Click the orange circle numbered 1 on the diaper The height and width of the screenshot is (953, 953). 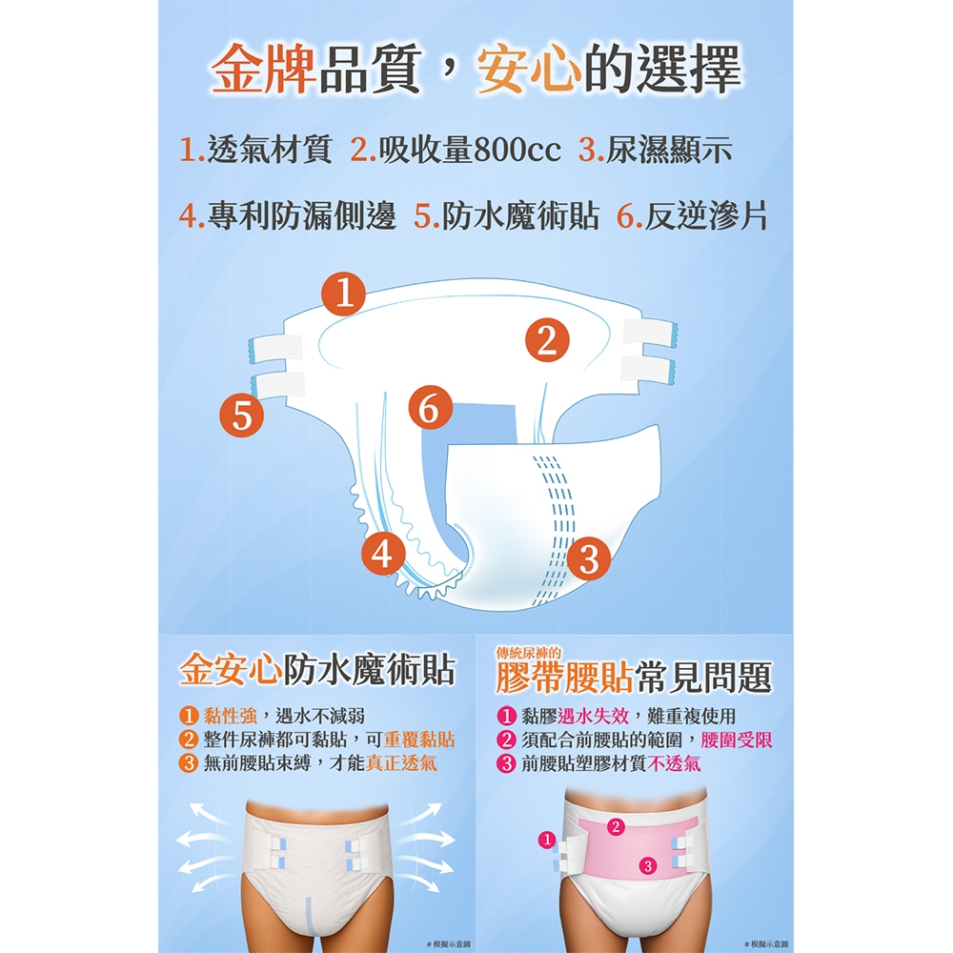click(x=343, y=294)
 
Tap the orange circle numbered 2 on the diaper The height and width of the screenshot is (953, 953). click(x=547, y=340)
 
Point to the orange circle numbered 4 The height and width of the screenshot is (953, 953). click(x=382, y=554)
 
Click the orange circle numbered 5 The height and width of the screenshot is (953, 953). click(x=242, y=416)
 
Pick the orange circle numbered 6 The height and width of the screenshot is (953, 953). click(x=431, y=407)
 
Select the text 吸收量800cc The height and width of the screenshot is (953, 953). click(x=470, y=150)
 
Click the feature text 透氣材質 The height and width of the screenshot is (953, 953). click(x=270, y=150)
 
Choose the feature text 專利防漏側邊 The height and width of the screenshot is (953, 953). click(x=302, y=215)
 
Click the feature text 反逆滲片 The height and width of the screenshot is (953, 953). click(x=706, y=215)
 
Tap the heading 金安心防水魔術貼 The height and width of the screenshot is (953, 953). click(x=316, y=670)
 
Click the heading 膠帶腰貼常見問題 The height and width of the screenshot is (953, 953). click(x=634, y=678)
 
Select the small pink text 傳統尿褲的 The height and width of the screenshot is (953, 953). click(x=528, y=654)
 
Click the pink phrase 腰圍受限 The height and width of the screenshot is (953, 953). click(x=736, y=740)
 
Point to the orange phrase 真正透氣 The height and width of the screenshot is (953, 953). click(x=401, y=762)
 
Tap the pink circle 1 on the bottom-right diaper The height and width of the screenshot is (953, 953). click(x=547, y=840)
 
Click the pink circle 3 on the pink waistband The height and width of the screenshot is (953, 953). click(x=648, y=866)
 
